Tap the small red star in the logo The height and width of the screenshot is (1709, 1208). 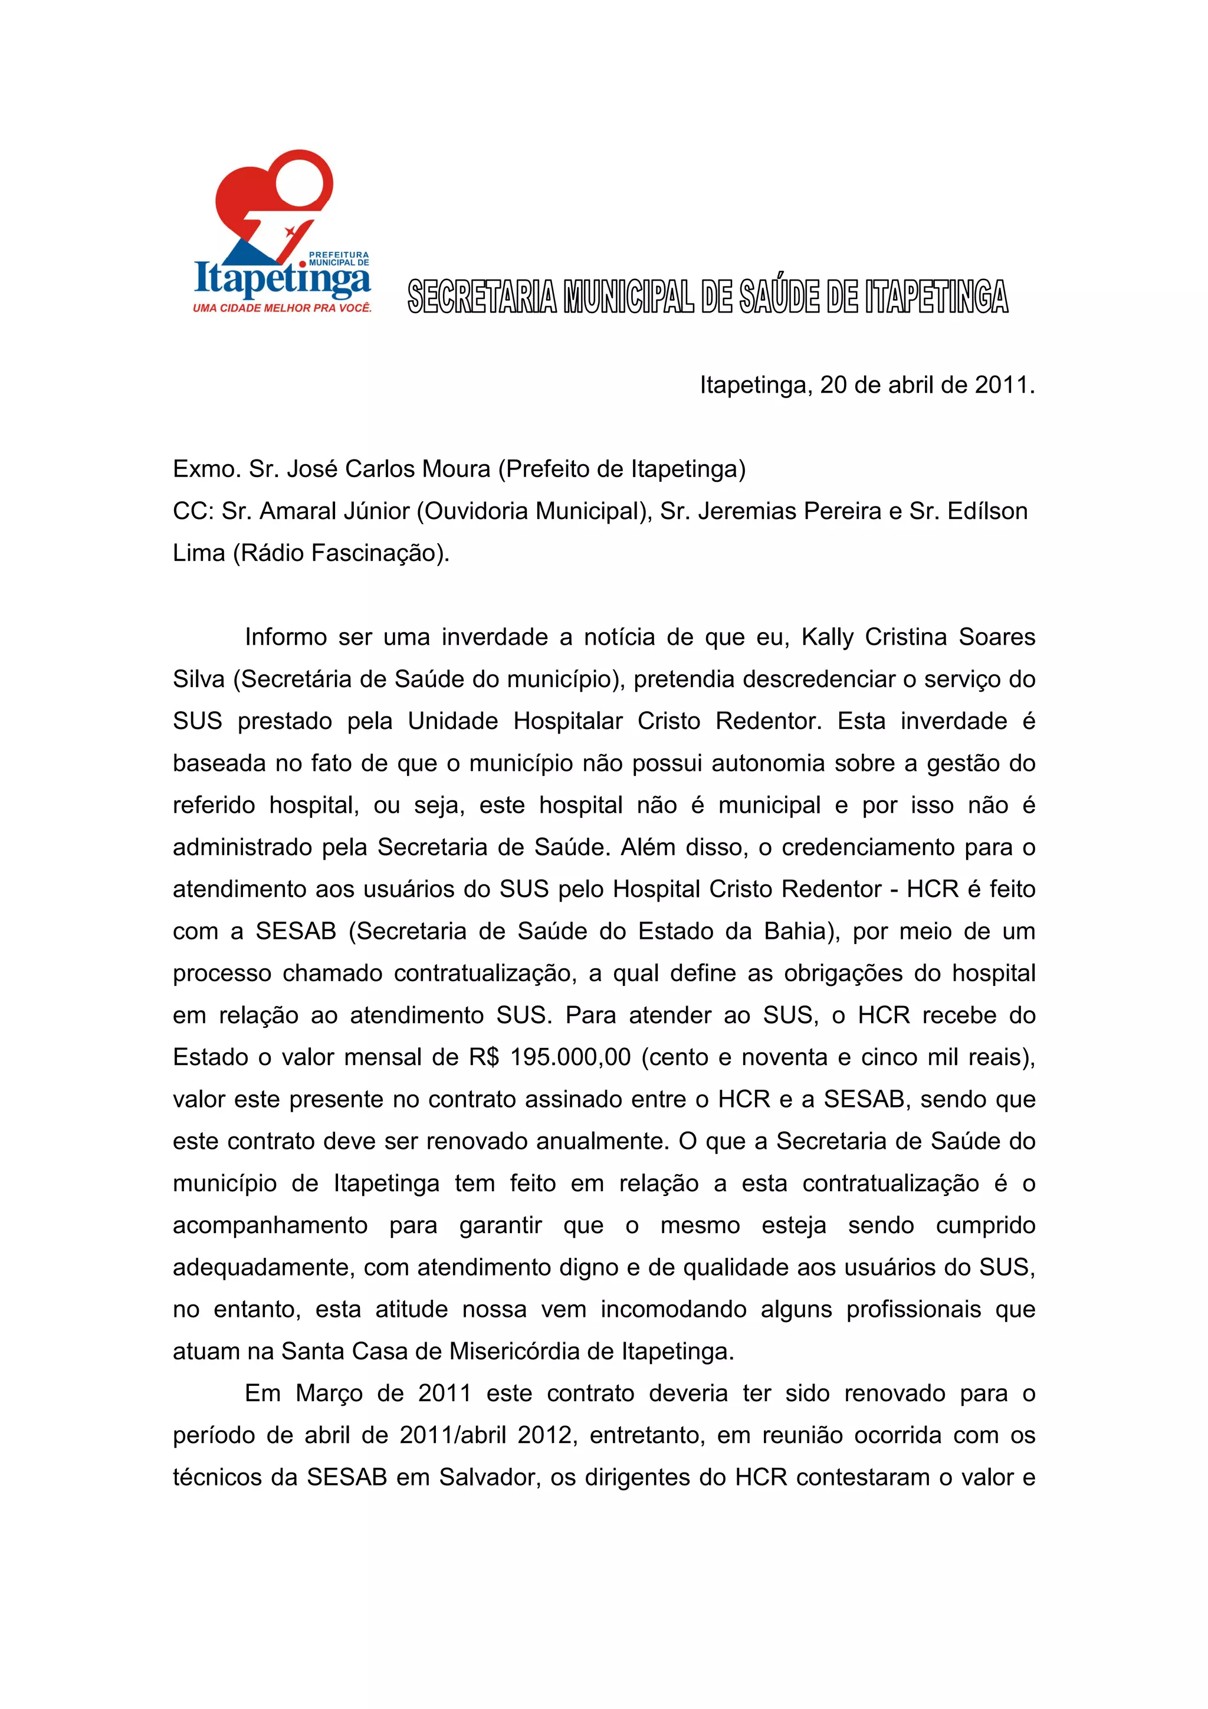[290, 232]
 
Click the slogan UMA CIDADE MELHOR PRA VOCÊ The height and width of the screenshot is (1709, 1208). [282, 308]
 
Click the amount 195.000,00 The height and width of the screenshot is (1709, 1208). [570, 1057]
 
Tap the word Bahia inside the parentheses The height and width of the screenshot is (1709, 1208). [795, 931]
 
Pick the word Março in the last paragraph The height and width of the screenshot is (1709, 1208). [329, 1394]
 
